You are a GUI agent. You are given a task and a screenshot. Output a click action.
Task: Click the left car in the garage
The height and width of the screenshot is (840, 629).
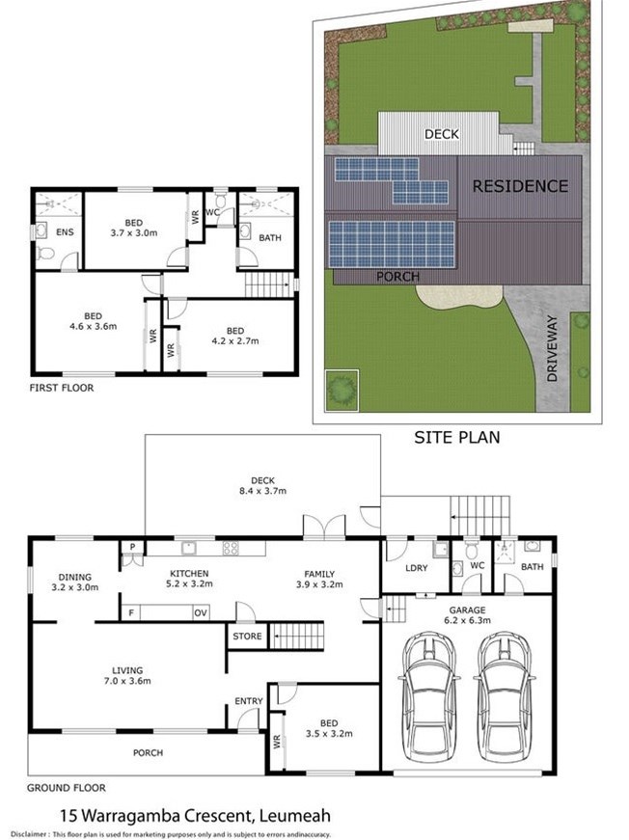(x=429, y=697)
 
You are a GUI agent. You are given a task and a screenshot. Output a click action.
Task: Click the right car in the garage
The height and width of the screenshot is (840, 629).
(x=505, y=697)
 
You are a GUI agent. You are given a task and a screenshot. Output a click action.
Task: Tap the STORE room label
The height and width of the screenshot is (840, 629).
(x=247, y=637)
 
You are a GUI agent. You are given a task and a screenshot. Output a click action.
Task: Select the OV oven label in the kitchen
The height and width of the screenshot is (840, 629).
(x=201, y=612)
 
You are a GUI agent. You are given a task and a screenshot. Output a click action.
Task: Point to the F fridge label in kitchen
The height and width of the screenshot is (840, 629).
(x=131, y=612)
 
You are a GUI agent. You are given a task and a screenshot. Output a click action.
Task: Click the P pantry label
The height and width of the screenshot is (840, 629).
(x=132, y=547)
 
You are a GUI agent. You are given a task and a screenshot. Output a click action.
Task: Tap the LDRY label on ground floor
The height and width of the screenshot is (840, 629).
(x=417, y=568)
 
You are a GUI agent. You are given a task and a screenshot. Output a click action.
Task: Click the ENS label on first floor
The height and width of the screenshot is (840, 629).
(x=65, y=232)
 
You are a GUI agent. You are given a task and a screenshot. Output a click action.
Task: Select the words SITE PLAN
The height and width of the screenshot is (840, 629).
(x=457, y=437)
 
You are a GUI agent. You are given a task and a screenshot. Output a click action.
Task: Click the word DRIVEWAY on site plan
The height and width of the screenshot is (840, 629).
(x=553, y=348)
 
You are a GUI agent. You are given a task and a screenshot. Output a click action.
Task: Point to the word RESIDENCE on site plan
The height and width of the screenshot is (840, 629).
(x=520, y=186)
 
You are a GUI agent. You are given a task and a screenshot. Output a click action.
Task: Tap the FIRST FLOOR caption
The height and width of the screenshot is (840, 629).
(x=62, y=388)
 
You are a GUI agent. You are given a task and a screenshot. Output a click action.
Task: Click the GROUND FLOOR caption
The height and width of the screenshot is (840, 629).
(x=67, y=788)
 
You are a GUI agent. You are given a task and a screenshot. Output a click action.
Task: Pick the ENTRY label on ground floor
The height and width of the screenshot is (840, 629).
(x=249, y=701)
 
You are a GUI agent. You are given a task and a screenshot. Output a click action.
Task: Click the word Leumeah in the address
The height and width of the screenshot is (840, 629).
(x=294, y=816)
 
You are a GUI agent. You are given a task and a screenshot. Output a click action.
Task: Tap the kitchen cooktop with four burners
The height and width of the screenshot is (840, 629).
(x=231, y=548)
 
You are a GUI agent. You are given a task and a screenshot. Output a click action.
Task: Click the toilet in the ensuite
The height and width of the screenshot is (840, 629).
(x=46, y=253)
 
